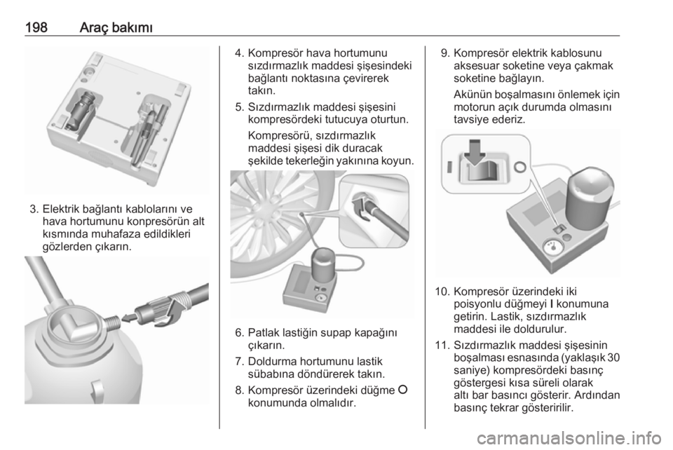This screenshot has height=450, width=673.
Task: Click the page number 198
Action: (x=36, y=27)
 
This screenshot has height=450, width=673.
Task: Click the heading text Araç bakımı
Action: (x=116, y=27)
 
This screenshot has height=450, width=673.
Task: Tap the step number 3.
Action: (x=34, y=210)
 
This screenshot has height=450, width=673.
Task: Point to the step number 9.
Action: (x=445, y=53)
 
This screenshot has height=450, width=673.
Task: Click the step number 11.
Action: (x=442, y=346)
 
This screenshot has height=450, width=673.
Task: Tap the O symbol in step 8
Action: (x=402, y=390)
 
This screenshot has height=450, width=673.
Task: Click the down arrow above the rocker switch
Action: (x=475, y=153)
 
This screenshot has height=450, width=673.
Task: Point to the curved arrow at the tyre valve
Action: (x=361, y=207)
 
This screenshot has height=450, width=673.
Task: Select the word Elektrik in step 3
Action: (x=61, y=210)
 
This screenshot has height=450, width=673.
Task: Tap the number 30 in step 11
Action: (x=614, y=357)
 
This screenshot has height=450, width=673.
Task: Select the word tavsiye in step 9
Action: (x=470, y=120)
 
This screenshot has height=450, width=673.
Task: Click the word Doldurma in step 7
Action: (x=271, y=362)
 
